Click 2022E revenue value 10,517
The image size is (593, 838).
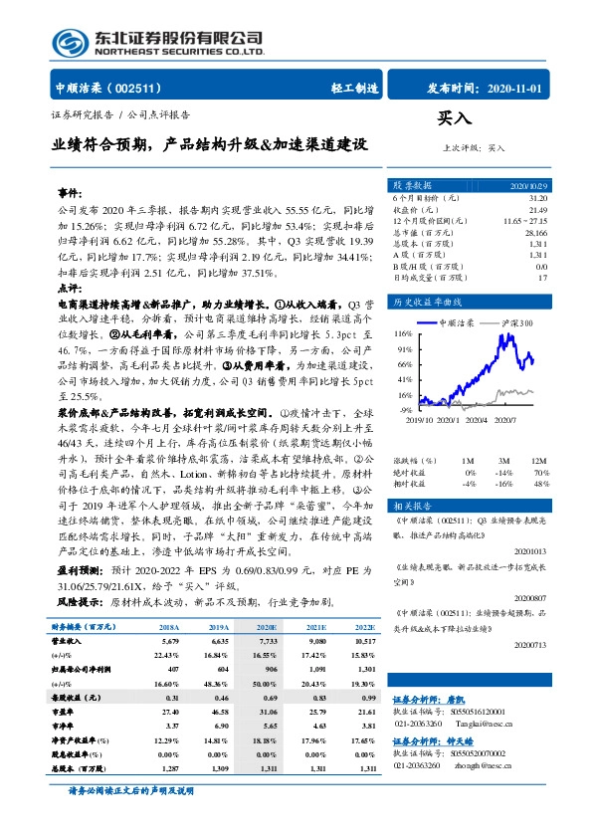[x=363, y=642]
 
